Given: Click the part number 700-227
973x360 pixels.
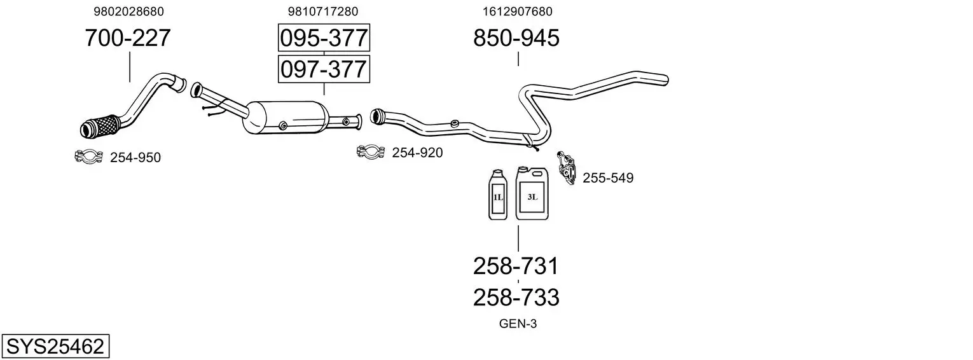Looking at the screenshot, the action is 128,38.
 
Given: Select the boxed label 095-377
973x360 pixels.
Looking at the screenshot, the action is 324,38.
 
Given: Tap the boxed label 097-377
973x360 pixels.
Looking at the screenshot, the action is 324,69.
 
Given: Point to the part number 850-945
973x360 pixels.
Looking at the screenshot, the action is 516,38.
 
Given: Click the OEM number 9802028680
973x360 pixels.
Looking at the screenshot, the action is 128,11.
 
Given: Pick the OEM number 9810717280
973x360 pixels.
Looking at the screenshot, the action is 322,11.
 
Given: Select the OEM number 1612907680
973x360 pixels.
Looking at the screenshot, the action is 517,11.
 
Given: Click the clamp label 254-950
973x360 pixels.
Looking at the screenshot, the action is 135,158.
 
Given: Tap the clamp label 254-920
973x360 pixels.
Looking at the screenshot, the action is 417,153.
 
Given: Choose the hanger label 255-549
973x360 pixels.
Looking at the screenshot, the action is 608,178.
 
